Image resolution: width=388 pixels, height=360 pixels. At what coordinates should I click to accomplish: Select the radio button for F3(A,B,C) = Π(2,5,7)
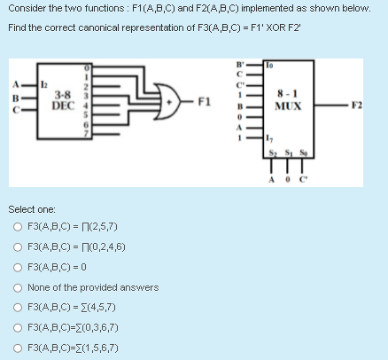(18, 226)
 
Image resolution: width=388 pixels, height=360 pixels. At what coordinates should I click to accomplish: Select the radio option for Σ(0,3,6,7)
(18, 327)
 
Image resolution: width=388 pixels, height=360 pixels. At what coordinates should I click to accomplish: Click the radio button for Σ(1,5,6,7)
(18, 347)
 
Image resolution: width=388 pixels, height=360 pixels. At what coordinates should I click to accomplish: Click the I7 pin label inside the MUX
(270, 145)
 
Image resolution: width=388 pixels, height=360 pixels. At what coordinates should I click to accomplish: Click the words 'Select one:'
(32, 207)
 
